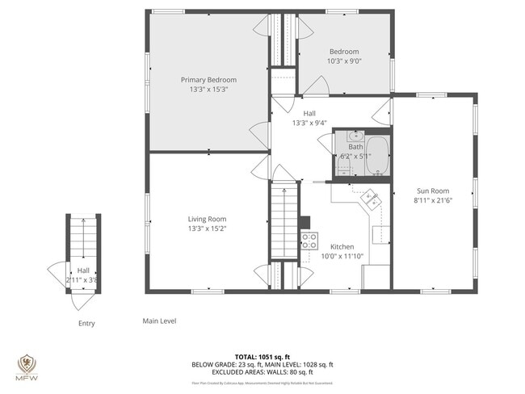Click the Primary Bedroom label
point(208,80)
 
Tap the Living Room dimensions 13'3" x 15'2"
point(208,228)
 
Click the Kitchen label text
point(342,246)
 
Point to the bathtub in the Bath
point(376,156)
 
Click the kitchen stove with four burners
point(309,239)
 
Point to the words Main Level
point(159,321)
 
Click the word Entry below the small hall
point(86,324)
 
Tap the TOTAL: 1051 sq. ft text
point(262,356)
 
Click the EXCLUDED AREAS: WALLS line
point(262,372)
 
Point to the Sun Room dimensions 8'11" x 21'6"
point(433,199)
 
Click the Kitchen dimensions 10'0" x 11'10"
point(342,256)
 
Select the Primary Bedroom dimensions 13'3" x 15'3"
point(208,90)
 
